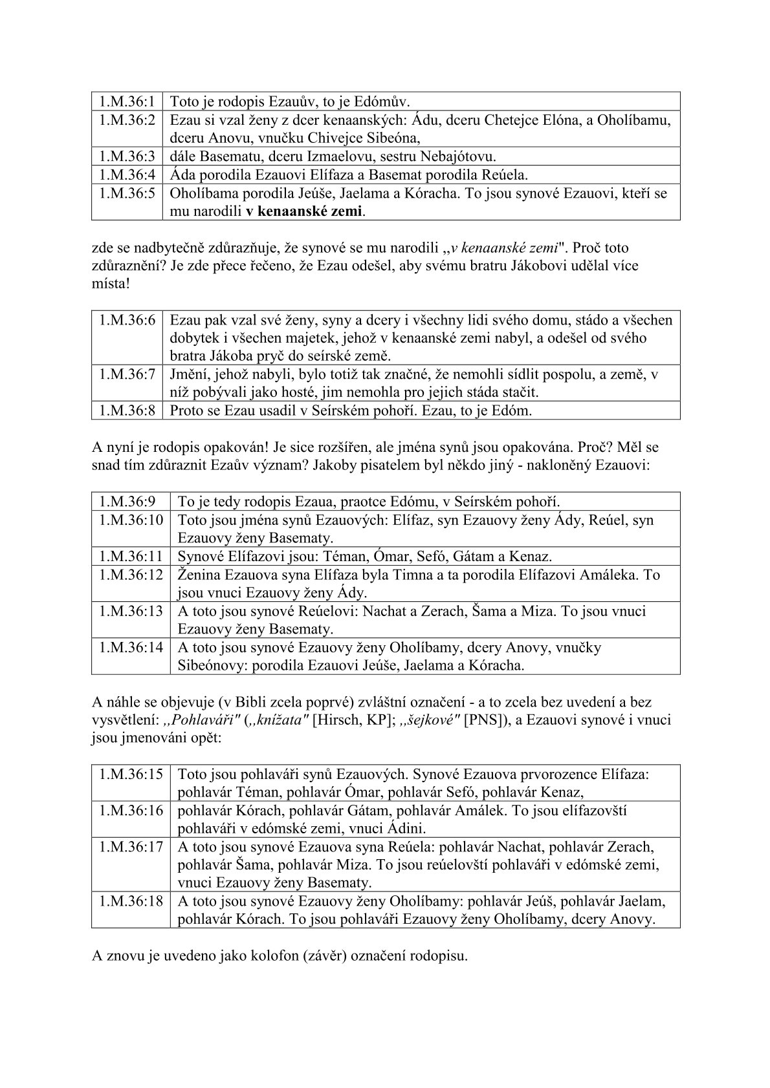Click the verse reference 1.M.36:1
(127, 101)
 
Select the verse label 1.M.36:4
(127, 175)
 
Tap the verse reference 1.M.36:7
(127, 374)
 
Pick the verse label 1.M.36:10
(131, 520)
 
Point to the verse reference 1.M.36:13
(131, 611)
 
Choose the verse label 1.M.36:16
(131, 811)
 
